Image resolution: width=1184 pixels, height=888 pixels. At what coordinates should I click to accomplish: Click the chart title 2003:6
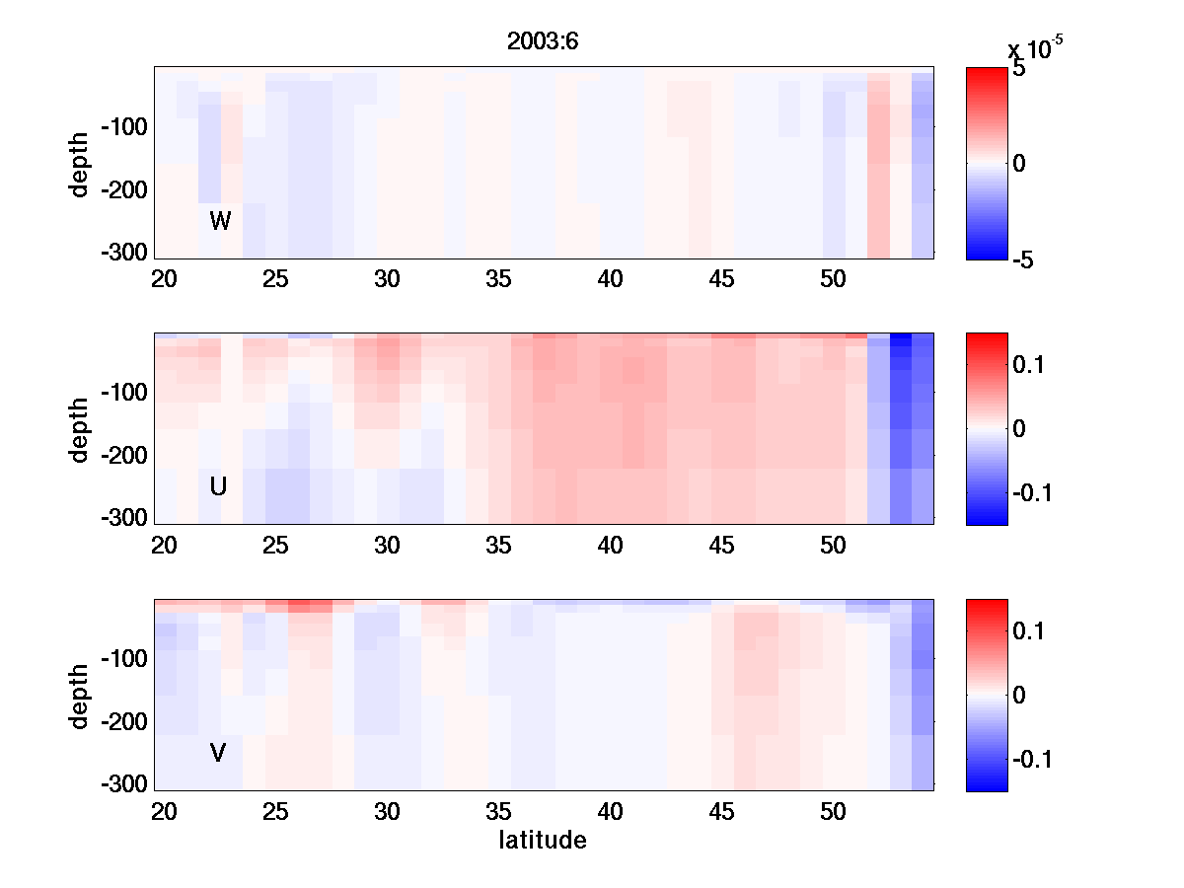pyautogui.click(x=542, y=43)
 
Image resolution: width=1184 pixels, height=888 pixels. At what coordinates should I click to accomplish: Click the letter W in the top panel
pyautogui.click(x=220, y=221)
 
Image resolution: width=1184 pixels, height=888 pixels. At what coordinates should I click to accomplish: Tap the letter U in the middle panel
pyautogui.click(x=219, y=486)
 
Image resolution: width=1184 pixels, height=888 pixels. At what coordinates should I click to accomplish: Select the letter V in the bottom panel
pyautogui.click(x=218, y=754)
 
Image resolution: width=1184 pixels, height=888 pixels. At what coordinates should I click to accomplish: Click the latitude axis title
pyautogui.click(x=543, y=841)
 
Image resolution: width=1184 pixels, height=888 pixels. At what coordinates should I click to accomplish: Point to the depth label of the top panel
pyautogui.click(x=81, y=163)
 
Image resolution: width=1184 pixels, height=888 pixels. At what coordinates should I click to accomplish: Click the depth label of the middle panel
pyautogui.click(x=81, y=429)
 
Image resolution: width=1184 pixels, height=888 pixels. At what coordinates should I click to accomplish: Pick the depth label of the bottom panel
pyautogui.click(x=81, y=696)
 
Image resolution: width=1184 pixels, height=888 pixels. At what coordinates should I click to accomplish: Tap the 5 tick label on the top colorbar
pyautogui.click(x=1018, y=69)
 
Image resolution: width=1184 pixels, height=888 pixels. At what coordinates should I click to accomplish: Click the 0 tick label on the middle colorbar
pyautogui.click(x=1019, y=428)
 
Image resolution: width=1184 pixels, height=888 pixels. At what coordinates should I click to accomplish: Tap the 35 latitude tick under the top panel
pyautogui.click(x=499, y=279)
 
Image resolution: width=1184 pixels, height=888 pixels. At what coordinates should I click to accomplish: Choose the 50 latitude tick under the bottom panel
pyautogui.click(x=834, y=812)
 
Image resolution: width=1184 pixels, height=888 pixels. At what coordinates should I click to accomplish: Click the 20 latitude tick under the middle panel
pyautogui.click(x=164, y=546)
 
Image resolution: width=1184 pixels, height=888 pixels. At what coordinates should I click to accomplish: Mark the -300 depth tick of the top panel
pyautogui.click(x=123, y=252)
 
